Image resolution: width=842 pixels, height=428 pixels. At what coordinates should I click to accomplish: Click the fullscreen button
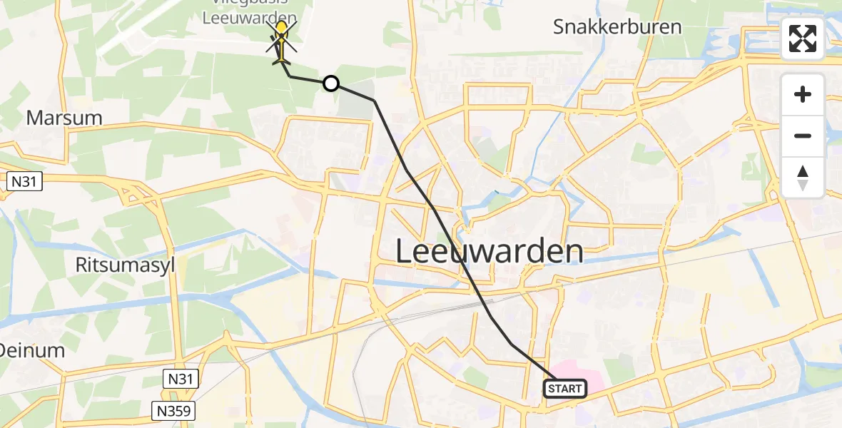[803, 39]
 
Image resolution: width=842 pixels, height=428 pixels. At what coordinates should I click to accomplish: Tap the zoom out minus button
[803, 136]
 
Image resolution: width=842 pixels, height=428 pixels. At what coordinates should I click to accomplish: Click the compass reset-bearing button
[803, 178]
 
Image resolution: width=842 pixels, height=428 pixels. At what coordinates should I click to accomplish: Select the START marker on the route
[565, 389]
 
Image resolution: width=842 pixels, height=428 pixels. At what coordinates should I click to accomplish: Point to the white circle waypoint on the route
[331, 83]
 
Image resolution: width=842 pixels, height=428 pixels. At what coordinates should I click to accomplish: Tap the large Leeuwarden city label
[489, 252]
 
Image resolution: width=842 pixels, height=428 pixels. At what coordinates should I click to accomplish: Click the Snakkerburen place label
[617, 27]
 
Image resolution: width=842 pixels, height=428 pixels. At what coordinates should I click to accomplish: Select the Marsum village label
[64, 118]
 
